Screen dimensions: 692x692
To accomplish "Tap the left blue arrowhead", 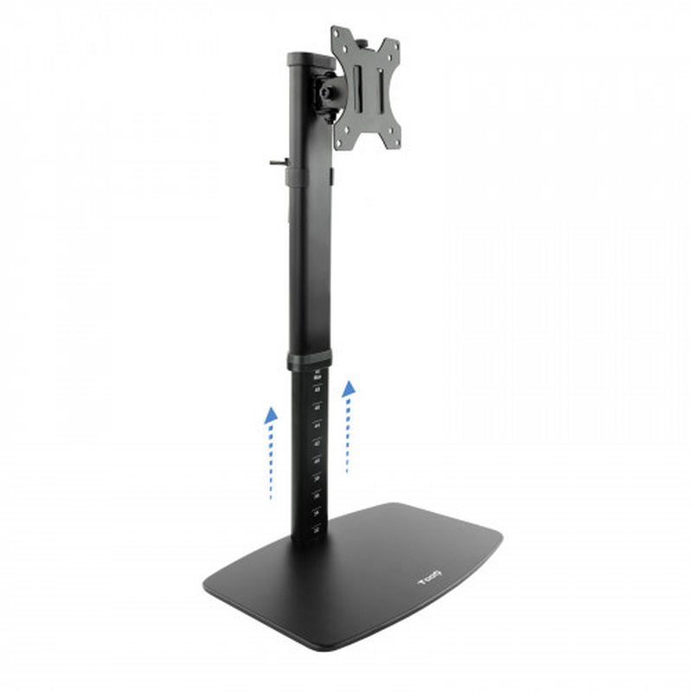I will (272, 415).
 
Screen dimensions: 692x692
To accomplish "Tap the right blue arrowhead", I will (349, 389).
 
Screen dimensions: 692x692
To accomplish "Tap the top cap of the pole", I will (309, 59).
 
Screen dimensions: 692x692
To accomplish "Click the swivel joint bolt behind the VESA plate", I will (330, 92).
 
